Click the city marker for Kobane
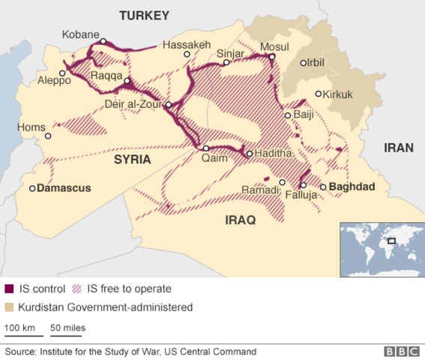[x=103, y=41]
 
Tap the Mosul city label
[x=274, y=46]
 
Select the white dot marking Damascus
[x=32, y=188]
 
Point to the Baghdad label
[x=352, y=187]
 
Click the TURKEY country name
[x=144, y=15]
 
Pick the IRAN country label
[x=398, y=148]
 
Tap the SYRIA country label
[x=132, y=160]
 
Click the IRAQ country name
[x=241, y=220]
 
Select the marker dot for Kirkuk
[x=319, y=94]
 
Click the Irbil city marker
[x=303, y=63]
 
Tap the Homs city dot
[x=49, y=136]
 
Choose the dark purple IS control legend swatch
[x=10, y=289]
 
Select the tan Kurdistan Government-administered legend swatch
[x=10, y=307]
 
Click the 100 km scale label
[x=19, y=328]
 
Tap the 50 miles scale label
[x=67, y=328]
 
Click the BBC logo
[x=401, y=351]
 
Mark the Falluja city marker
[x=304, y=184]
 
